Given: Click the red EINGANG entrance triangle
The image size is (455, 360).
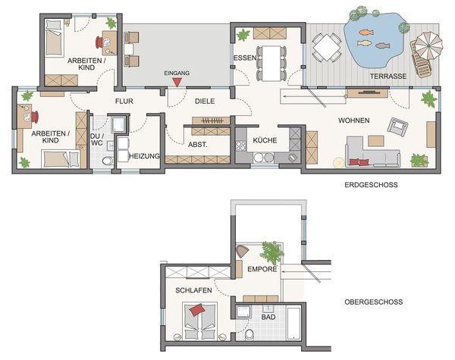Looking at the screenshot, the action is [x=177, y=82].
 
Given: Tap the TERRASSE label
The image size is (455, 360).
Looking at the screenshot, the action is [x=388, y=77].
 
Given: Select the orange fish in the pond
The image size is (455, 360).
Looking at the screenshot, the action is [x=366, y=32].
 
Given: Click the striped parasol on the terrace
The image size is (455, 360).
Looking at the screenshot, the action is [x=428, y=46].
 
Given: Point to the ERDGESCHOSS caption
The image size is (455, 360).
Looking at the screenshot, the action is [x=371, y=185].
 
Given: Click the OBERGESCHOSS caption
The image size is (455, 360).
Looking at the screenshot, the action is [x=373, y=302].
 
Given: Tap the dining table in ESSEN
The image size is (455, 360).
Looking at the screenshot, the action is [x=271, y=63].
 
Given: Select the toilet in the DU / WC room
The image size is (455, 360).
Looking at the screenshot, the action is [x=108, y=161].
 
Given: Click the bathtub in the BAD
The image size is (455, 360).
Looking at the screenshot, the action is [x=293, y=324].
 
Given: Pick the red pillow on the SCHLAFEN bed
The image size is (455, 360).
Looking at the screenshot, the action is [x=197, y=309].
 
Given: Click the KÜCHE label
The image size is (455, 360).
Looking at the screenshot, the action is [x=265, y=140].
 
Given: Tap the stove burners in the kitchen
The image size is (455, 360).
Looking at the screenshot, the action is [x=240, y=146].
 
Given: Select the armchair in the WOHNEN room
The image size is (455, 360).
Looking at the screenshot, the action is [x=397, y=126].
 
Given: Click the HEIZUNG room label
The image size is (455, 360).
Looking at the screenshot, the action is [x=144, y=156].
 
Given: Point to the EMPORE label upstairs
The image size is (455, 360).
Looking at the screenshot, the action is [x=262, y=269].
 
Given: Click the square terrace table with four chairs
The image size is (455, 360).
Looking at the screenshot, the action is [x=327, y=48].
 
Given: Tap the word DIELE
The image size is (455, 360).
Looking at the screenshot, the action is [x=205, y=102].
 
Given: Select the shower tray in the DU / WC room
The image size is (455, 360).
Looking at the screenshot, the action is [x=118, y=124].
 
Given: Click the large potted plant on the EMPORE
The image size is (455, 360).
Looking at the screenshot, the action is [x=271, y=252].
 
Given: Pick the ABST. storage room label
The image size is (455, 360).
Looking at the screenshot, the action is [x=198, y=145].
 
